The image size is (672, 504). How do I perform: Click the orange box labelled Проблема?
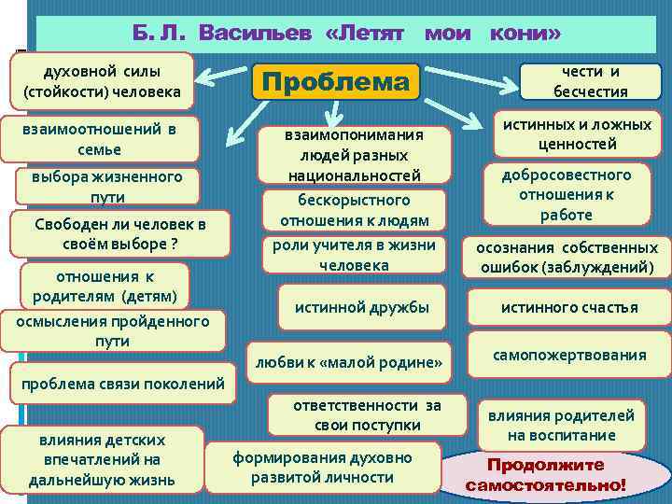(335, 83)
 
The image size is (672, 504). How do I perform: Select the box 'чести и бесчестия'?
(590, 81)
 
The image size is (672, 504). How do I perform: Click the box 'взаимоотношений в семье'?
(100, 138)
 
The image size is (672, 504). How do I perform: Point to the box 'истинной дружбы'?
(362, 306)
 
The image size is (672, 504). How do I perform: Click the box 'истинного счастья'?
(569, 307)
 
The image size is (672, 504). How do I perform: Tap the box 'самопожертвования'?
(568, 355)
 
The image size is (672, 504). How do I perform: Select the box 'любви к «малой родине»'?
(347, 361)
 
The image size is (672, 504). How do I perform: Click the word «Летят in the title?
(366, 34)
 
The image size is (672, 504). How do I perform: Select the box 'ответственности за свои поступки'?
(367, 415)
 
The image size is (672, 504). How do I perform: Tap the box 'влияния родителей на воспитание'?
(561, 426)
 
